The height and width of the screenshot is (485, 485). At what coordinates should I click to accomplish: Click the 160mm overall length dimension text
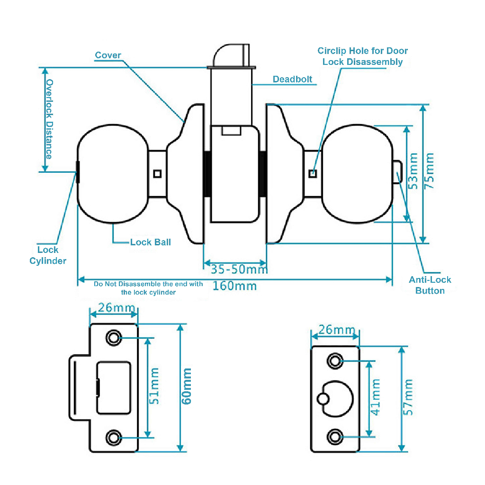(235, 286)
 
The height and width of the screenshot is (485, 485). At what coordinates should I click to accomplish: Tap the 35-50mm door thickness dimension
(239, 269)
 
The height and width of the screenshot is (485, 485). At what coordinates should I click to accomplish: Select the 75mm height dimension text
(429, 171)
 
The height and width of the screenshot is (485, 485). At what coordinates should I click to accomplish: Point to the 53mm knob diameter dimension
(413, 171)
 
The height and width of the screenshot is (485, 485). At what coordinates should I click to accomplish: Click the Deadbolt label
(292, 79)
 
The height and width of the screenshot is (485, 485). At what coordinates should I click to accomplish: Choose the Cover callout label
(108, 55)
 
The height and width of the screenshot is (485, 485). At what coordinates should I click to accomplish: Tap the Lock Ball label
(150, 242)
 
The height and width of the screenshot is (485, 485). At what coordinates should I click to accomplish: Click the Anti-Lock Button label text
(430, 285)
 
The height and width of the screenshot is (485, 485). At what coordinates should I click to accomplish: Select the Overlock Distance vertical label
(49, 119)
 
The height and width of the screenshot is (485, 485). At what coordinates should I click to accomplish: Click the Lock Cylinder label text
(48, 255)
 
